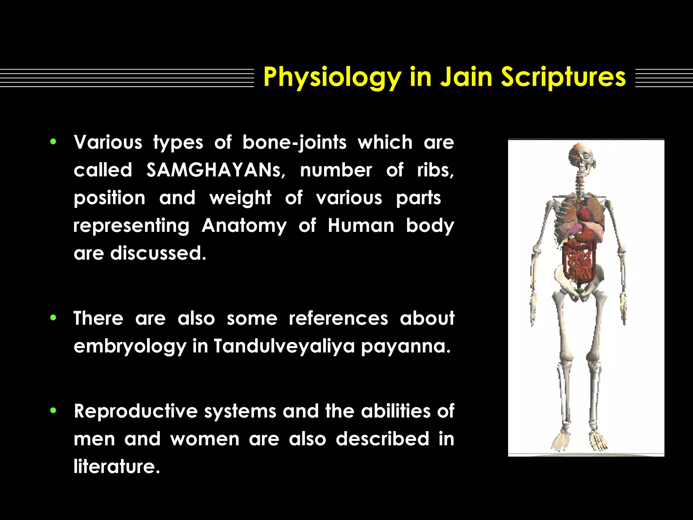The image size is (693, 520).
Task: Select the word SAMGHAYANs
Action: point(215,170)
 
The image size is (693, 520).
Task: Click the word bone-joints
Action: point(294,142)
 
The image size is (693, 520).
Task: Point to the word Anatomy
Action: point(244,225)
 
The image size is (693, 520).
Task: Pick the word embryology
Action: point(130,346)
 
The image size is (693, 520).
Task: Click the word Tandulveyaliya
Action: point(284,346)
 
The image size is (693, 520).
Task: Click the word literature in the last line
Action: point(116,467)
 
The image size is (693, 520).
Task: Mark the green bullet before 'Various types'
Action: point(53,142)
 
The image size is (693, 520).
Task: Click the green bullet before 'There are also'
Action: point(53,318)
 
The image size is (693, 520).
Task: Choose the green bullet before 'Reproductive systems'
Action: point(53,411)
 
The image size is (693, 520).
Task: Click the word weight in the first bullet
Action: point(240,198)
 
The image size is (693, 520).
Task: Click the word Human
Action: point(361,225)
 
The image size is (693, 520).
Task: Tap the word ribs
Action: point(435,170)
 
